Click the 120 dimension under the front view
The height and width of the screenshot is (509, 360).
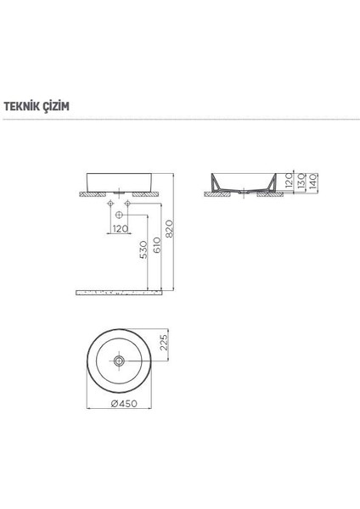(x=120, y=229)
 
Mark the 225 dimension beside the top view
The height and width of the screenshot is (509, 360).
(x=165, y=343)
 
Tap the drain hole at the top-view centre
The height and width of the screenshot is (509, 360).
(x=121, y=361)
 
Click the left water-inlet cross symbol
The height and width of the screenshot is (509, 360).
(x=112, y=204)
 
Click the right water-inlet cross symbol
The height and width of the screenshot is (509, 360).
(x=127, y=204)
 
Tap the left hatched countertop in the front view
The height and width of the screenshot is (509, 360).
(x=93, y=193)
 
